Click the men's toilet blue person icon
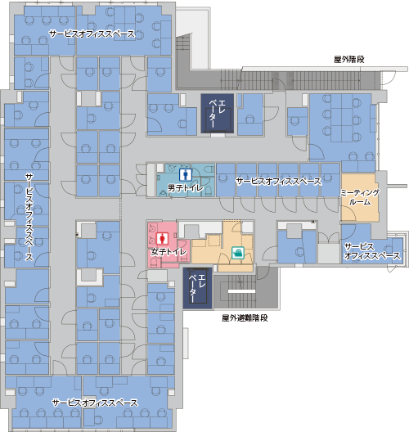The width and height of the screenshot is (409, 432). point(185,174)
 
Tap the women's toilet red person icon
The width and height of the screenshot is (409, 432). point(162,239)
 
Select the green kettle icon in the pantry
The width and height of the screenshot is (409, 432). point(238,252)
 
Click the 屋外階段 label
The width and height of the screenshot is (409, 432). point(349,59)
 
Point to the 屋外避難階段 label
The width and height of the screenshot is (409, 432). point(245,318)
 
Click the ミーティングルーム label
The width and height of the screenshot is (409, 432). point(360,197)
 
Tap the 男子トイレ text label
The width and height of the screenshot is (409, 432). point(186,188)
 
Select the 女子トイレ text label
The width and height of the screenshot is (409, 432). point(169,252)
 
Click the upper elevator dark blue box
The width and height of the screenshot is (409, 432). point(218,114)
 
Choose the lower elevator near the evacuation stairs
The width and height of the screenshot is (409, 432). point(197,288)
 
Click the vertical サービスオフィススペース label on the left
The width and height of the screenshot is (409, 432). point(29,217)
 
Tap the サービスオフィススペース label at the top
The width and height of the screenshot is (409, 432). point(92,34)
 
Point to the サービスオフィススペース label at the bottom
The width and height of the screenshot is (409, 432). point(95,403)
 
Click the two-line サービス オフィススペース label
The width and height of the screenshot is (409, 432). point(372,251)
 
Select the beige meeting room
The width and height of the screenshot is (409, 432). point(360,197)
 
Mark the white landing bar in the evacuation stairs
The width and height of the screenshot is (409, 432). point(241,291)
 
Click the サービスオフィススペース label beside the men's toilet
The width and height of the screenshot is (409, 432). point(279,182)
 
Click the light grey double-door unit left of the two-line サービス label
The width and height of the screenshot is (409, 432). point(329,248)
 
